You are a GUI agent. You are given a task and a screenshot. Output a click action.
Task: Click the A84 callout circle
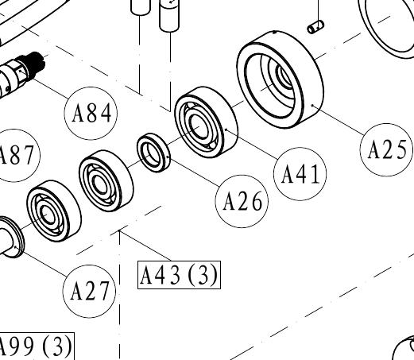[91, 114]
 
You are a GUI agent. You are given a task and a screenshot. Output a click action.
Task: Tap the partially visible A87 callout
[16, 156]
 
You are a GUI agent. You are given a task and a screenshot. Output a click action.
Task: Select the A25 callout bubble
[387, 149]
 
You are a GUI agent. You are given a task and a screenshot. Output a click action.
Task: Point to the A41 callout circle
[300, 174]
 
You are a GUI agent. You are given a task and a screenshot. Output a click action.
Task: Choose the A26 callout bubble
[242, 201]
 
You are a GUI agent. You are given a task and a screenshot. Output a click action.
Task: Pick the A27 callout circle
[89, 291]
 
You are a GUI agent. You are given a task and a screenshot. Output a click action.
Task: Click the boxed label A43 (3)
[179, 275]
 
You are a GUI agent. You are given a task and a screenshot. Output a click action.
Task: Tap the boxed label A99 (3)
[36, 346]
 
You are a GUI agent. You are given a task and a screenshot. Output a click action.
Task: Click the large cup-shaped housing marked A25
[280, 79]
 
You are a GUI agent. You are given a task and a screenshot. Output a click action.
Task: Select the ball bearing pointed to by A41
[206, 122]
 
